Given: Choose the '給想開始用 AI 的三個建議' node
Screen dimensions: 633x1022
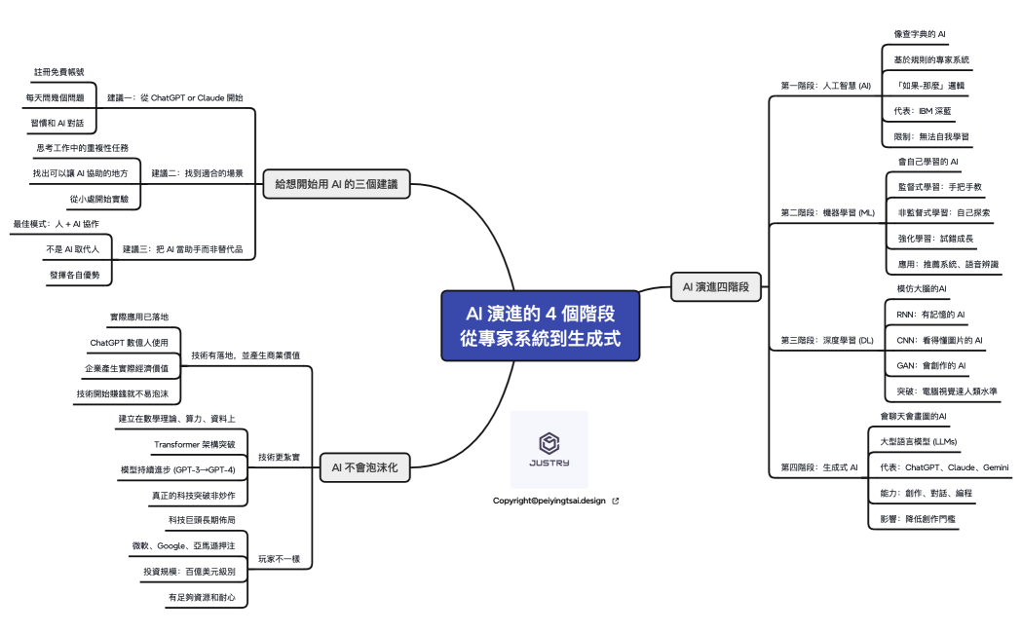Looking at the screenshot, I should pos(336,183).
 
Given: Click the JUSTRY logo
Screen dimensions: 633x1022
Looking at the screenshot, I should pos(549,449).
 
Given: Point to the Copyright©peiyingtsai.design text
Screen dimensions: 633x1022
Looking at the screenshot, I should pos(549,501).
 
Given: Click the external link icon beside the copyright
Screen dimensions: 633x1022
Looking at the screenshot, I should pos(615,501).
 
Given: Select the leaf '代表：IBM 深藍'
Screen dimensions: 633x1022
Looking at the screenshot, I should pos(926,111).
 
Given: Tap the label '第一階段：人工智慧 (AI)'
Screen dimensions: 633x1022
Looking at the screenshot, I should pos(825,86).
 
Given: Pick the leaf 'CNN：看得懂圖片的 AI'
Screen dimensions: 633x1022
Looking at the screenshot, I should pos(939,340).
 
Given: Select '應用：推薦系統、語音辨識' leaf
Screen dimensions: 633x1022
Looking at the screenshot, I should pos(948,264).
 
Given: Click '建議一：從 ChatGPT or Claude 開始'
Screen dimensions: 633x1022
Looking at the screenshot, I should pos(175,98).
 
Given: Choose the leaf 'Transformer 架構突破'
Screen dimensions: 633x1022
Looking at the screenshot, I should pos(194,444).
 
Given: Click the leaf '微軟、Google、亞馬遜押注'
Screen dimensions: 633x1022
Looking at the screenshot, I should pos(183,545).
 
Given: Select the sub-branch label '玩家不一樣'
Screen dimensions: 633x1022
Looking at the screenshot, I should pos(279,559).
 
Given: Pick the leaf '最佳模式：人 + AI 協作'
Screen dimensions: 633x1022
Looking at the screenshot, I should pos(56,224).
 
